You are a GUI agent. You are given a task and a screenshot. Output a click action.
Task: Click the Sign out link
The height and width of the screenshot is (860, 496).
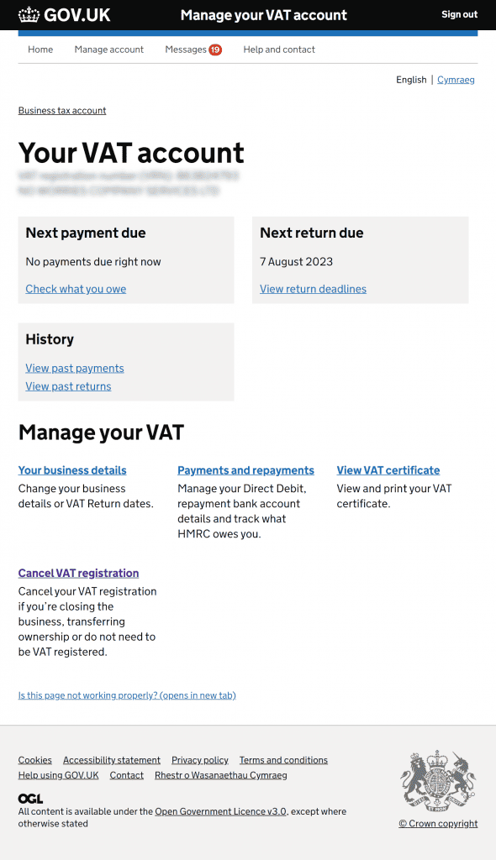[459, 14]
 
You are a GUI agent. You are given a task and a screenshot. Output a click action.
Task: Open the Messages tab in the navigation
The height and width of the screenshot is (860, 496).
[186, 50]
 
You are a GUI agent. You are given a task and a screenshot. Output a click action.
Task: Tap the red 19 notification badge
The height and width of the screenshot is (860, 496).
[215, 50]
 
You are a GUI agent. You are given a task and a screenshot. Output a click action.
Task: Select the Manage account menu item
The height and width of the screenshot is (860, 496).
[109, 50]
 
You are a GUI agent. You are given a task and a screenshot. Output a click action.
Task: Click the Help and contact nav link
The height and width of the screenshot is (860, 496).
[279, 50]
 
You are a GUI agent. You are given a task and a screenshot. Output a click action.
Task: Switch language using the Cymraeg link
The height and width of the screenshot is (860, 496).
[456, 80]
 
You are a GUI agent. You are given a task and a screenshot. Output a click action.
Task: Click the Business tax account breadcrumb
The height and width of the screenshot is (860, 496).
[62, 110]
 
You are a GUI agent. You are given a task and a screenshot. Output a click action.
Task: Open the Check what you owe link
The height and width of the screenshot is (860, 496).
[76, 289]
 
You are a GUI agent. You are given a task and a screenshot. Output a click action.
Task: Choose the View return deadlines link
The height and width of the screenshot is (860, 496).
[313, 289]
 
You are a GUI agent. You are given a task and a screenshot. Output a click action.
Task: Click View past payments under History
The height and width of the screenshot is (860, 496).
[75, 368]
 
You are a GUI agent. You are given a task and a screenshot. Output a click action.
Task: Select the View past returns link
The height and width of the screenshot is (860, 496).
[68, 386]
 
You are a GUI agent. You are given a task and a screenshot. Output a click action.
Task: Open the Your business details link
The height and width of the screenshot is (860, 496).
[72, 470]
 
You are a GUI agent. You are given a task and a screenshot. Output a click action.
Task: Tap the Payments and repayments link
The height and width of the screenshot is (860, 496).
[245, 470]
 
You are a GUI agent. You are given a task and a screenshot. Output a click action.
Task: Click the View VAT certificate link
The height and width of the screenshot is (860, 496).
[388, 470]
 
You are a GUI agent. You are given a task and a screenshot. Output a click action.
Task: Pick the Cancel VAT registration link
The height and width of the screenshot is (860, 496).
[78, 573]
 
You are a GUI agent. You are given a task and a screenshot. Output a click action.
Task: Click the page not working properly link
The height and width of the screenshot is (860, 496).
[127, 695]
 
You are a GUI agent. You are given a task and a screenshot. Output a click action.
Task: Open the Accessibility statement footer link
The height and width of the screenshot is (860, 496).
[112, 760]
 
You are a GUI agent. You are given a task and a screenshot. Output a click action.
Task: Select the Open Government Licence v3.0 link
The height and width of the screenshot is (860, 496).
[220, 811]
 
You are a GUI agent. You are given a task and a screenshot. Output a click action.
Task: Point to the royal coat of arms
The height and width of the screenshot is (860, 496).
[438, 781]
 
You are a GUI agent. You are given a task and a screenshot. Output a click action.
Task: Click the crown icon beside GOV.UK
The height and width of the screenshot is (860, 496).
[29, 14]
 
